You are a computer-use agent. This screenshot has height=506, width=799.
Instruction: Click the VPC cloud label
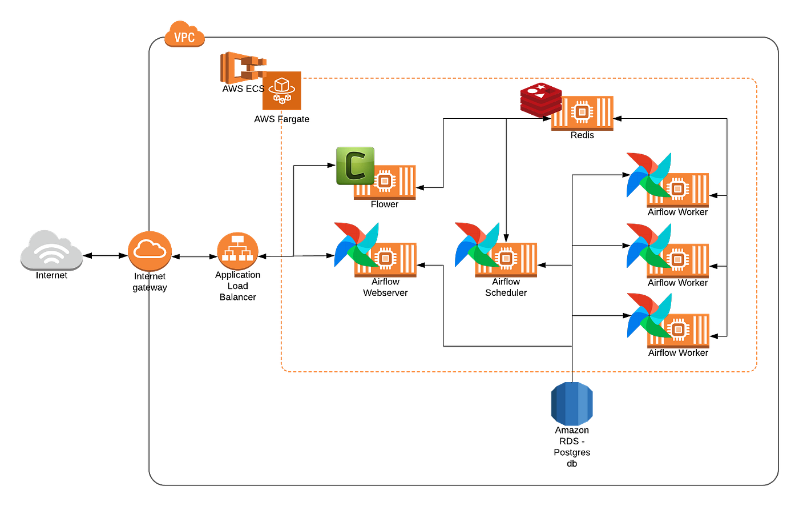tap(184, 37)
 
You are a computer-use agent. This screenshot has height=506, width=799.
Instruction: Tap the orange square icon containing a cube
tap(282, 91)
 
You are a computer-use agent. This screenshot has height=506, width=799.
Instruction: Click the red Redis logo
tap(539, 99)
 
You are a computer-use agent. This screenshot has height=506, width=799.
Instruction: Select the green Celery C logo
tap(354, 165)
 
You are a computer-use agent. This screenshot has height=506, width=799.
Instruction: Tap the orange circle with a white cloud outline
tap(150, 251)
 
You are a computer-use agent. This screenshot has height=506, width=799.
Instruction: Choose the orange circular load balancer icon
tap(237, 251)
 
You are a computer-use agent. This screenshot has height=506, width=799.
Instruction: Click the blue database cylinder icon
tap(572, 404)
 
